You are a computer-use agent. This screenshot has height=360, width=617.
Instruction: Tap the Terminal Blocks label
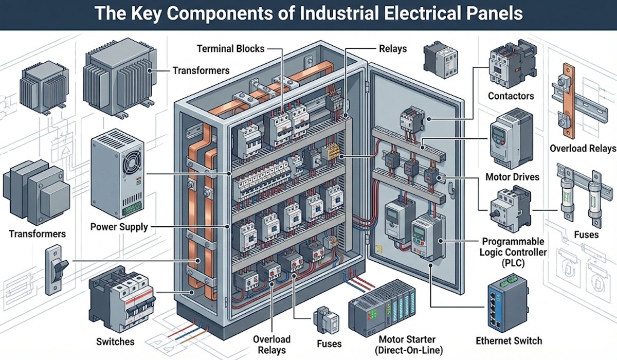[230, 49]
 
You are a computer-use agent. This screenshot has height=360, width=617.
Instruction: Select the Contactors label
[511, 96]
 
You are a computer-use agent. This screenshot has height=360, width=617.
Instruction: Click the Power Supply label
[119, 226]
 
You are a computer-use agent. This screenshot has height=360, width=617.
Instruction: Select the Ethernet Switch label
[509, 340]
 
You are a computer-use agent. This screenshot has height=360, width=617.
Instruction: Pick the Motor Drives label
[512, 177]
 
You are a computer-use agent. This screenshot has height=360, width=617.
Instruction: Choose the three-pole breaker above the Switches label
[121, 301]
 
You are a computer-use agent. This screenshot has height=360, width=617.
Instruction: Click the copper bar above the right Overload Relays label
[568, 100]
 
